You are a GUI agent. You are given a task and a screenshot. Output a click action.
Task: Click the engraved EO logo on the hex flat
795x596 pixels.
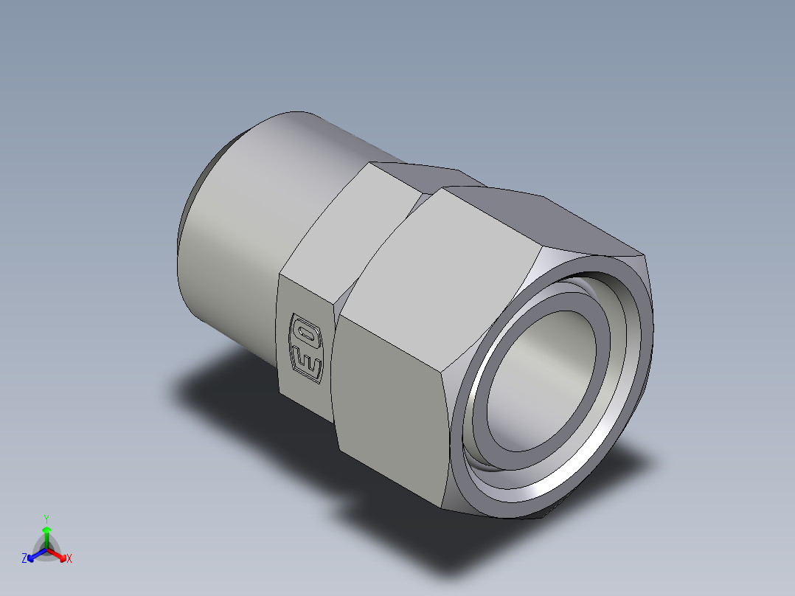[x=305, y=347]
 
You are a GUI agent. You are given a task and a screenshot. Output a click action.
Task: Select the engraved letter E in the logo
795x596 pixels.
[x=305, y=364]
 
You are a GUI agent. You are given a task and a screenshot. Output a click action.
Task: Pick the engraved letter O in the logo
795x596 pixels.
[x=305, y=329]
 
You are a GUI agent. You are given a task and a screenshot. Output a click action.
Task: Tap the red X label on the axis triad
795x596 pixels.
[x=69, y=559]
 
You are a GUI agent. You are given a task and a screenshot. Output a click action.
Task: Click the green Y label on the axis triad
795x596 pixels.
[x=46, y=519]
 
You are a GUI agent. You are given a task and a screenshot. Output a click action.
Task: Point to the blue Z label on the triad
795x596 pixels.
[x=24, y=559]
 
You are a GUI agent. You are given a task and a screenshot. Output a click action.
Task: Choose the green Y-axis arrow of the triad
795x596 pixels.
[x=46, y=534]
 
